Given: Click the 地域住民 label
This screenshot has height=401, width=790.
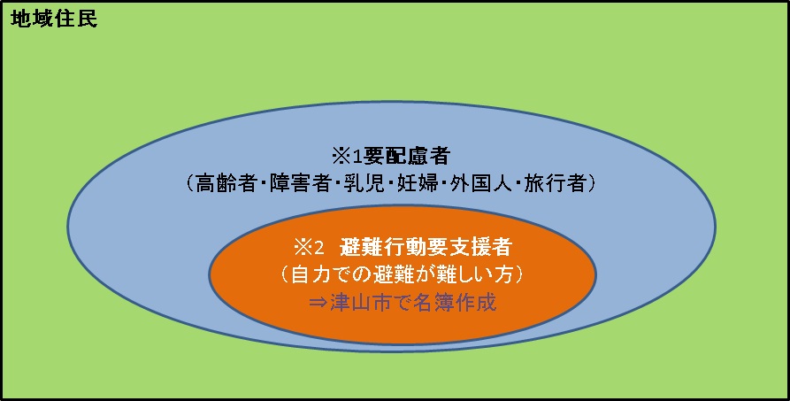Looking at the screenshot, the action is pos(54,19).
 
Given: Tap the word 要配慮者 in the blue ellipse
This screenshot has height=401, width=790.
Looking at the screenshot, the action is pos(406,157).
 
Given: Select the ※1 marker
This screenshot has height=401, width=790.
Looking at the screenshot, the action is pos(347,157).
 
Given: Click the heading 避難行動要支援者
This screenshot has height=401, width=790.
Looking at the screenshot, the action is pos(426,247).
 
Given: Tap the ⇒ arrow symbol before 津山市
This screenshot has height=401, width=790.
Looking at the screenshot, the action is pos(318,303).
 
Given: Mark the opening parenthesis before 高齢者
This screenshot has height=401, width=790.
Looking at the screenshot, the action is pos(189,183).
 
